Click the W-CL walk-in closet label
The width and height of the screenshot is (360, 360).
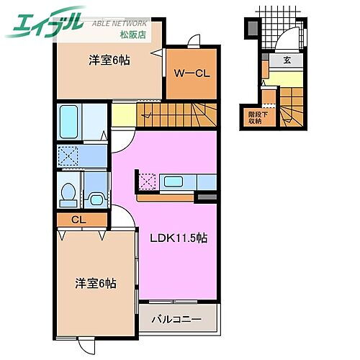point(192,72)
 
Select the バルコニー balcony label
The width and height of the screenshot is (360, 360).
point(176,318)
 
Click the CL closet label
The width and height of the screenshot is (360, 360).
point(78,220)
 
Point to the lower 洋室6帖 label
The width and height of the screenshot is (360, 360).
point(95,284)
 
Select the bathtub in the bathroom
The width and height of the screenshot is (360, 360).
point(71,118)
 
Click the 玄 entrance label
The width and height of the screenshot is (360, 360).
point(287,60)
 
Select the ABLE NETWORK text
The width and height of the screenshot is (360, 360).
point(121,23)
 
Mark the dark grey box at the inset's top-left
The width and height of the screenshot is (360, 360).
point(250,29)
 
